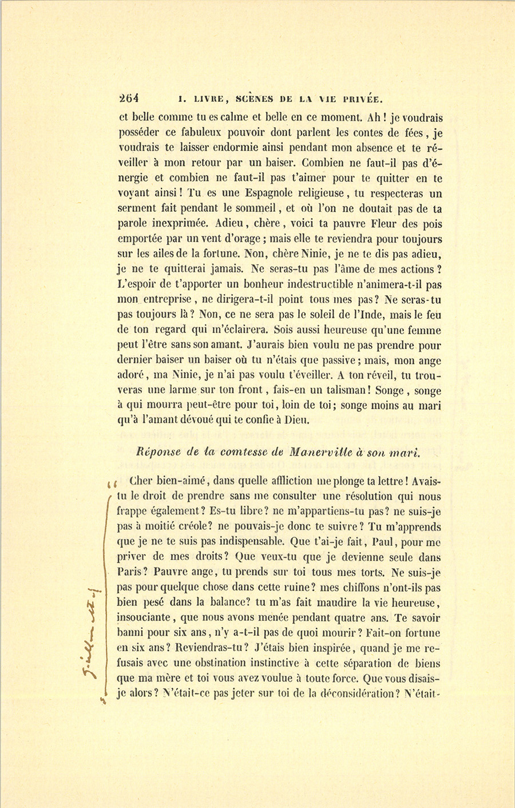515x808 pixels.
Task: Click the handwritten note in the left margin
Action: click(93, 629)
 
